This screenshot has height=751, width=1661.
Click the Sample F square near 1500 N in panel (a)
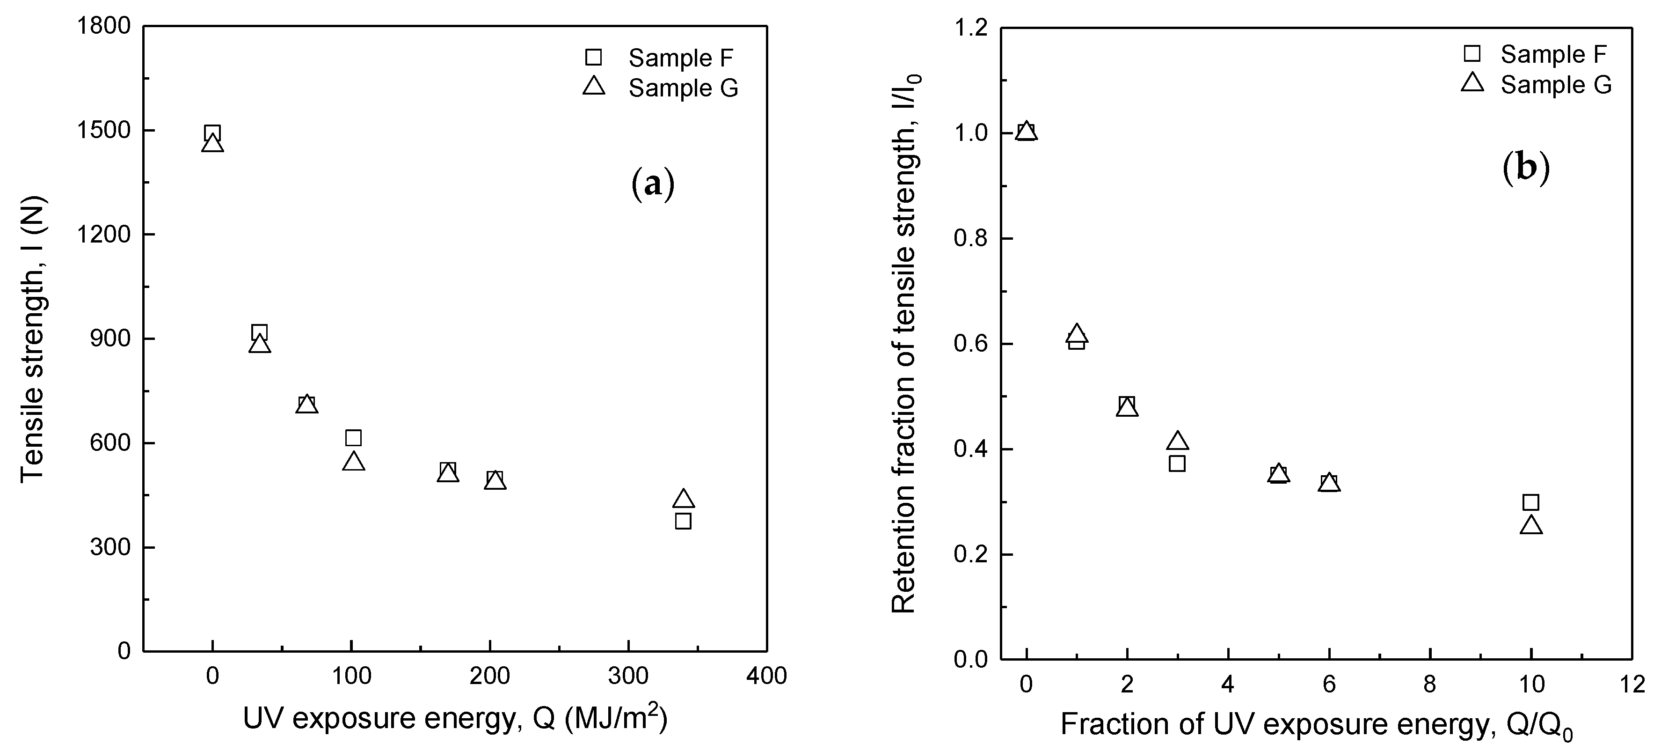[212, 133]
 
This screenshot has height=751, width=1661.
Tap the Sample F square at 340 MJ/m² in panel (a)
[684, 521]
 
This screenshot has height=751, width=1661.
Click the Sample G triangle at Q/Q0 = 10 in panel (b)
[1531, 526]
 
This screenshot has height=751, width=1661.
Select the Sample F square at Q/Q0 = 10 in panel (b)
[1531, 502]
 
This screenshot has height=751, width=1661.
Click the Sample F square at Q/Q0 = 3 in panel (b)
[1177, 463]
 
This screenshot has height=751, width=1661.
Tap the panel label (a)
[653, 184]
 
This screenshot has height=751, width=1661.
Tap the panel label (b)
[1526, 169]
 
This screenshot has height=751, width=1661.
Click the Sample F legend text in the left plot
[681, 58]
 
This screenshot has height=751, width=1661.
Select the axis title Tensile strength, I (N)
[32, 339]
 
